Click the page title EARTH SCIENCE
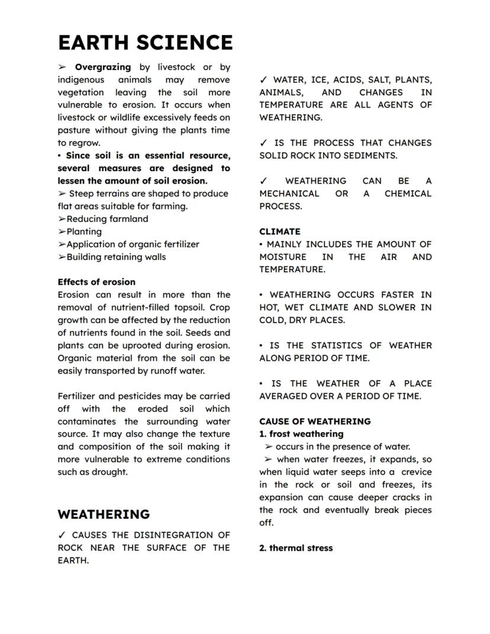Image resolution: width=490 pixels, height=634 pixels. tap(145, 43)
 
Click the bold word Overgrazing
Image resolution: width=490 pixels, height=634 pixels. tap(102, 67)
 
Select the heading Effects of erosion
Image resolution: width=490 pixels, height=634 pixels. tap(96, 282)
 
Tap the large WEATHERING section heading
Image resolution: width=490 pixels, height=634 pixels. tap(104, 514)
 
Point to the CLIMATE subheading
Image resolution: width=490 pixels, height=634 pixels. tap(279, 231)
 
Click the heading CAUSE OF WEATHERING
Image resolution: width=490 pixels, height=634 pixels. tap(315, 421)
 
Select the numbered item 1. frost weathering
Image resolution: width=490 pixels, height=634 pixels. tap(301, 434)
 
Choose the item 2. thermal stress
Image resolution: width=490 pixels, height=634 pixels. tap(296, 548)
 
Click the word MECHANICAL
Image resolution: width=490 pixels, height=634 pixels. tap(289, 194)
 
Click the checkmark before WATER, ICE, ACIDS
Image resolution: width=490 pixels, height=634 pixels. tap(263, 79)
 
